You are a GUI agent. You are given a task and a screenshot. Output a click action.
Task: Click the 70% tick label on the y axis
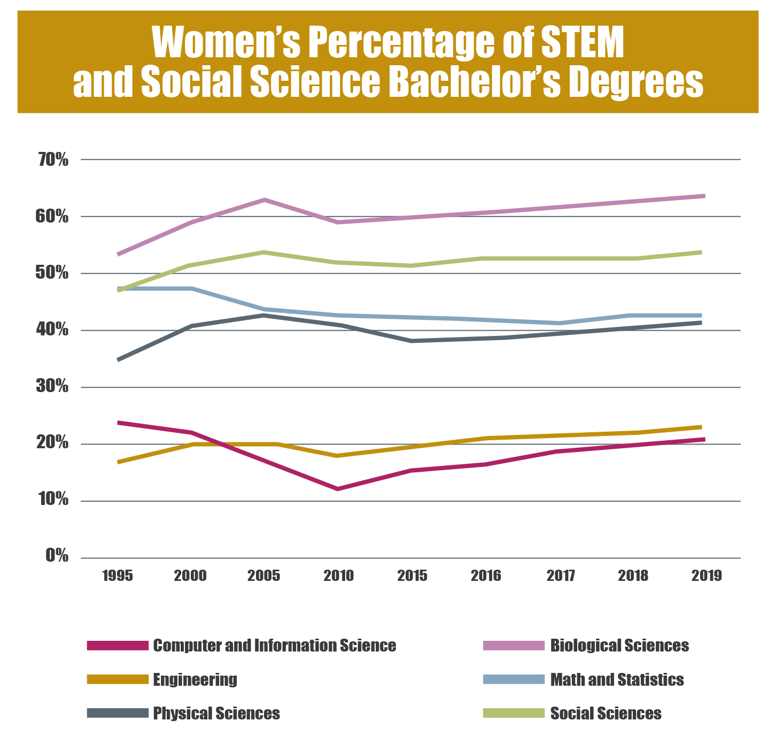coord(53,159)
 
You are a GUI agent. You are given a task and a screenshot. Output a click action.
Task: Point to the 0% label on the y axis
coord(57,556)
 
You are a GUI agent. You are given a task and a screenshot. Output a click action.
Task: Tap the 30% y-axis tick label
coord(53,386)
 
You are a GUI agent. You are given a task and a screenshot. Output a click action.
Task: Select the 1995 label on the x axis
coord(118,576)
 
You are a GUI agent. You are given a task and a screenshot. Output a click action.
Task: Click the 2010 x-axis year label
coord(339,576)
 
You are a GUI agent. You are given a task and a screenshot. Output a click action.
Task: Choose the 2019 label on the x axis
coord(707,576)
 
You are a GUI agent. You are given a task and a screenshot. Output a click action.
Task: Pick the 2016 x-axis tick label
coord(486,576)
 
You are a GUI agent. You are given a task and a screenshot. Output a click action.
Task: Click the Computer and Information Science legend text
coord(274,645)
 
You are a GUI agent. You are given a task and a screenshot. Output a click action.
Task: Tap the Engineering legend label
coord(195,680)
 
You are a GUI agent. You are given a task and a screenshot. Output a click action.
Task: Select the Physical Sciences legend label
coord(216,714)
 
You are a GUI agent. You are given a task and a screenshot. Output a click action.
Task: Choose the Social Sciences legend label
coord(606,714)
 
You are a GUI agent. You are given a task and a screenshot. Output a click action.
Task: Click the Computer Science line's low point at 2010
coord(338,489)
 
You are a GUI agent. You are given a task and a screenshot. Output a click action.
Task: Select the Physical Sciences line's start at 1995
coord(119,359)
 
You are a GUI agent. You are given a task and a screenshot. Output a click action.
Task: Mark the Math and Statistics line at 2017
coord(559,323)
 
